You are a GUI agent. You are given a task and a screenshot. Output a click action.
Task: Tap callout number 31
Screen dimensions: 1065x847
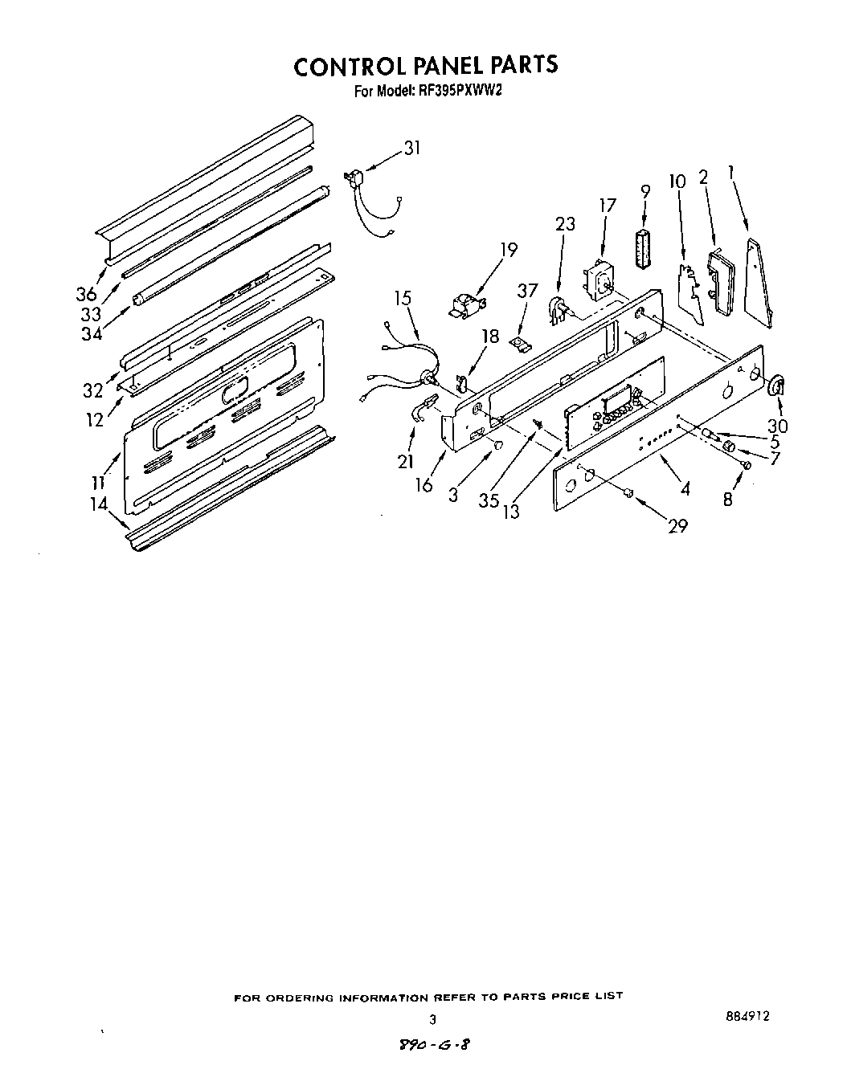(x=411, y=148)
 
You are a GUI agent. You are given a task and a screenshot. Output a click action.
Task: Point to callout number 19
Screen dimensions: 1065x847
(x=509, y=249)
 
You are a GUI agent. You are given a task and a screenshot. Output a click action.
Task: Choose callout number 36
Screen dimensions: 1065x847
(x=86, y=294)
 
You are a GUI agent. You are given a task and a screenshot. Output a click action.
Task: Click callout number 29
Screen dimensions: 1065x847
(x=677, y=525)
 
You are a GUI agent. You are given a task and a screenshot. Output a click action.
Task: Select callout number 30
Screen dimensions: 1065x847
(x=778, y=426)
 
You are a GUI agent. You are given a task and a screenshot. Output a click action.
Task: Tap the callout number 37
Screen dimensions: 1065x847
(x=527, y=291)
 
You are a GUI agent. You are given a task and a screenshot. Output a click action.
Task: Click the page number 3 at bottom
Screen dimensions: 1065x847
(x=432, y=1020)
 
